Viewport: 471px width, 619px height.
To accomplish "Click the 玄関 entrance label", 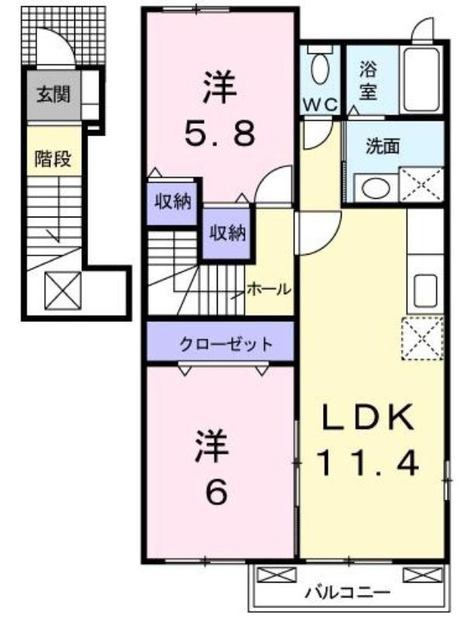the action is pos(53,94).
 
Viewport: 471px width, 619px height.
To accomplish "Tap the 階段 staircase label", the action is pos(53,159).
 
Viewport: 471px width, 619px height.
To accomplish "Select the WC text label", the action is pos(321,105).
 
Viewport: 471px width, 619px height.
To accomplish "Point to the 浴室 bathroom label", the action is pos(368,82).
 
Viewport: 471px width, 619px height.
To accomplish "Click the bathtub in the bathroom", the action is pos(421,80).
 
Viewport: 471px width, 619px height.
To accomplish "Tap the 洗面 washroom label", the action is pos(382,146).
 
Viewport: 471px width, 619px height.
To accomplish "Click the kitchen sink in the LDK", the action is pos(425,291).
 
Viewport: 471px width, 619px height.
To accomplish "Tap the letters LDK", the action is pos(368,416).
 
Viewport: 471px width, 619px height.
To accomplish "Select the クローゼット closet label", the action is pos(225,344).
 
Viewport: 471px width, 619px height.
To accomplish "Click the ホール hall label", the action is pos(269,289).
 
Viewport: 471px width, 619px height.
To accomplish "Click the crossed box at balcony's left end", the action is pos(277,574).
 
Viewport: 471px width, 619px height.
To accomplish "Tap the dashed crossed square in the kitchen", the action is pos(423,339).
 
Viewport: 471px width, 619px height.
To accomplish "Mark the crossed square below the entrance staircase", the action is pos(63,291).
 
